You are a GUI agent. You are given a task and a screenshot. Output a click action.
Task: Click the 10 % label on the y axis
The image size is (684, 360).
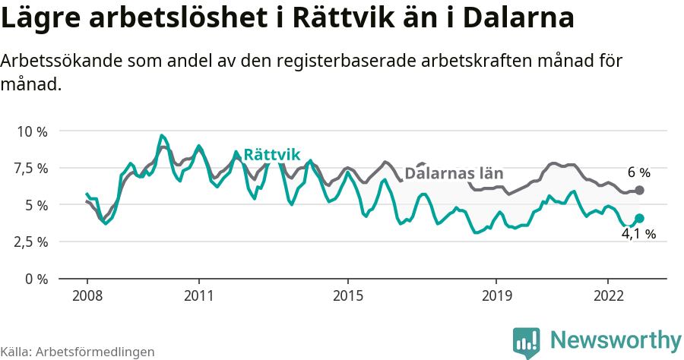(31, 131)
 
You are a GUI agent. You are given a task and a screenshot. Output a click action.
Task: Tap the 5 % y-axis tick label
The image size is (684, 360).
(36, 205)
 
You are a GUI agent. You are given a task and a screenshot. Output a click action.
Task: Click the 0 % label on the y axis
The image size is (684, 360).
(36, 279)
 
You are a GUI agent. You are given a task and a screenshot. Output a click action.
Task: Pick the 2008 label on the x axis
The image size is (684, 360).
(87, 295)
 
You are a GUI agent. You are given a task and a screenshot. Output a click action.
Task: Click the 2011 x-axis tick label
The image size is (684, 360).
(198, 295)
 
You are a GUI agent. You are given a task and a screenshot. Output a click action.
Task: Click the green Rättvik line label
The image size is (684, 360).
(272, 155)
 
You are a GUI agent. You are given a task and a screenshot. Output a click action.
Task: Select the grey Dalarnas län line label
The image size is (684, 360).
(454, 173)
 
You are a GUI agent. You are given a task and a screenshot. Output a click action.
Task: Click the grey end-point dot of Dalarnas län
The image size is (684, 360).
(639, 190)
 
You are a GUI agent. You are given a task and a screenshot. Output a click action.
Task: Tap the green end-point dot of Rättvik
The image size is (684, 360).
(639, 219)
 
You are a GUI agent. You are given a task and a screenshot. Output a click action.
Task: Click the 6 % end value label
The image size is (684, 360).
(638, 172)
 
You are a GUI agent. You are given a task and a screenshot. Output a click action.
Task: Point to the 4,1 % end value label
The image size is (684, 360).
(638, 235)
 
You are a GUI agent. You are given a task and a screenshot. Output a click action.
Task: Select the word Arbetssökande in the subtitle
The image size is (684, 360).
(54, 61)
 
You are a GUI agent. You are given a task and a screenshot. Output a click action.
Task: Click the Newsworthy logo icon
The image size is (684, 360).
(527, 342)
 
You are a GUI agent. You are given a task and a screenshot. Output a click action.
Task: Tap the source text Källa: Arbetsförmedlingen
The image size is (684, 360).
(78, 352)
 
